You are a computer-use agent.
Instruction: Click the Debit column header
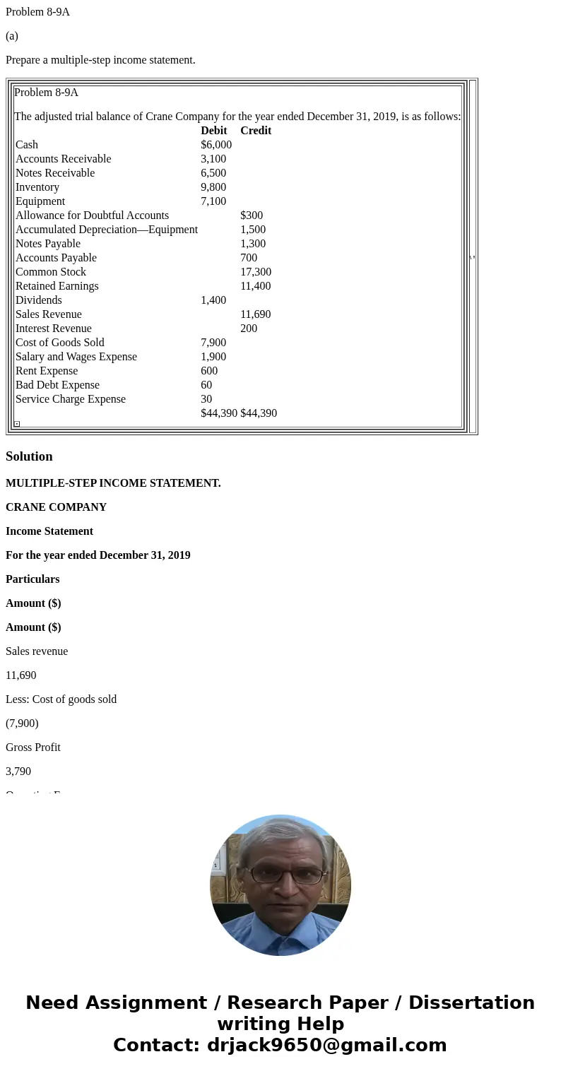point(213,131)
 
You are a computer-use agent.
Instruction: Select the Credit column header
point(256,131)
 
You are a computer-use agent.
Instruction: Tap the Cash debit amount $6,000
point(216,145)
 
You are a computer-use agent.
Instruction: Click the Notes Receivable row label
point(55,173)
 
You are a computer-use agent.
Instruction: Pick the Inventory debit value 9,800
point(213,187)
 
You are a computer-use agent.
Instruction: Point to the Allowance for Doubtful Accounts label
point(92,215)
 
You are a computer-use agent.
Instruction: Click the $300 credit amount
point(252,215)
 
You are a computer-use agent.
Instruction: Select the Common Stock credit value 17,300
point(256,272)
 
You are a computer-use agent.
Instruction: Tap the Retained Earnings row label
point(57,286)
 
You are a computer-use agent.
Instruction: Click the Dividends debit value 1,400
point(213,300)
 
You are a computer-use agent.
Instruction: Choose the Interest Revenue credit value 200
point(249,329)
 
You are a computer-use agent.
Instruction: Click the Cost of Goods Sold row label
point(60,343)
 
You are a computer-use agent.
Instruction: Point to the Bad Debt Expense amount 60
point(206,385)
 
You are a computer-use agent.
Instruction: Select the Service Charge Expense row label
point(71,399)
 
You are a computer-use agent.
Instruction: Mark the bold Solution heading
point(29,456)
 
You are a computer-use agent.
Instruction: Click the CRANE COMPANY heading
point(56,507)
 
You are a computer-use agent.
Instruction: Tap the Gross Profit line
point(33,747)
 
